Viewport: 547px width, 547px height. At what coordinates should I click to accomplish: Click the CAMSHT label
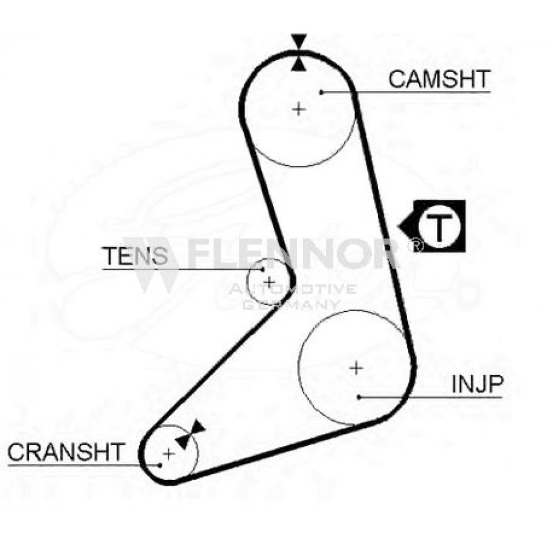click(439, 79)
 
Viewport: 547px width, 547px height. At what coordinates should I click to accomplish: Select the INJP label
click(477, 384)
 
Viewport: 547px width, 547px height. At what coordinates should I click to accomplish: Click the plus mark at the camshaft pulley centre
click(299, 109)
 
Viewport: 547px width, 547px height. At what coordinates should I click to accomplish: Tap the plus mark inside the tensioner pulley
click(269, 282)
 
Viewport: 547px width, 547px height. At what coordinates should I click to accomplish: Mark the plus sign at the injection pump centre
click(356, 368)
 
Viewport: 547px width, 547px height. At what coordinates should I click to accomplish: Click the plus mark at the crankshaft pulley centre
click(169, 454)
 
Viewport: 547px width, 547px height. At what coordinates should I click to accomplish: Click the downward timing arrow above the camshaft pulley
click(299, 42)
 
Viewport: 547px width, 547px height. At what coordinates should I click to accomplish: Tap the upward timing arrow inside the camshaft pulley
click(299, 64)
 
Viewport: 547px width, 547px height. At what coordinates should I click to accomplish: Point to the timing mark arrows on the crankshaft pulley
click(190, 434)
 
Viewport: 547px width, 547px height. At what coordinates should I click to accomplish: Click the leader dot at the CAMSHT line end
click(322, 92)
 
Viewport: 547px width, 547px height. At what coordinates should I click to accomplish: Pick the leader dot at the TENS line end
click(263, 269)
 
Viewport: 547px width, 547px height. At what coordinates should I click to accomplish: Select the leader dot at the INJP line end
click(359, 397)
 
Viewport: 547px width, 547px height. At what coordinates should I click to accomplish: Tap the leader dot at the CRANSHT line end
click(160, 465)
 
